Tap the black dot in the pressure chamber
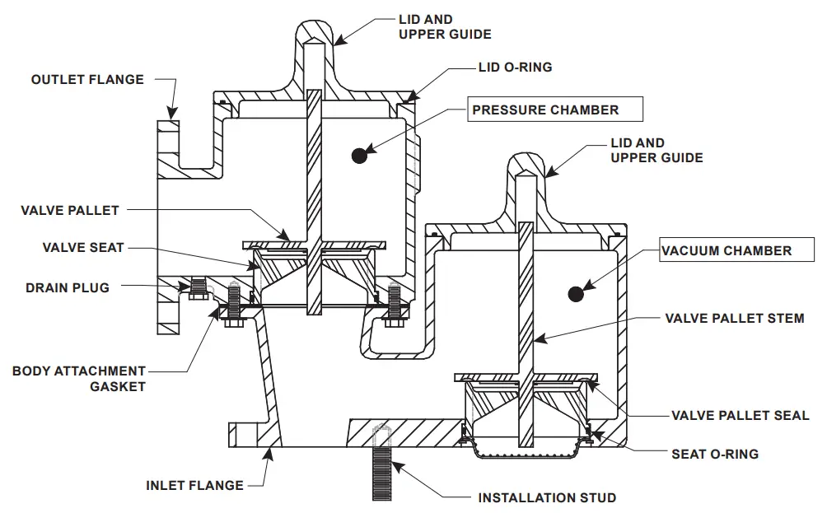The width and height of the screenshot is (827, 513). pos(357,154)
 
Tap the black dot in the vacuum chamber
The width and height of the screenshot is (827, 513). pos(576,293)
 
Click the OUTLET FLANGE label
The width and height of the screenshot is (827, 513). pos(87,80)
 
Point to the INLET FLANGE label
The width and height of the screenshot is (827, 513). pos(194,485)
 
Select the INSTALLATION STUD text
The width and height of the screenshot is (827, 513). pos(547,497)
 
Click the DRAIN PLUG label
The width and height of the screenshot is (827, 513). pos(67,288)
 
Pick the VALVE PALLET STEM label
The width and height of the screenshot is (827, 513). pos(735,318)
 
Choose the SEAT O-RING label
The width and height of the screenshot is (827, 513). pos(715,454)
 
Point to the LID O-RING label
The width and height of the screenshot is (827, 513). pos(515,68)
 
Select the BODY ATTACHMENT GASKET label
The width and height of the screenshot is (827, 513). pos(79,379)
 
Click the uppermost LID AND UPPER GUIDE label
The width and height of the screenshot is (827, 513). pos(445,27)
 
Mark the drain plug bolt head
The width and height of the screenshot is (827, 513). pos(195,291)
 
